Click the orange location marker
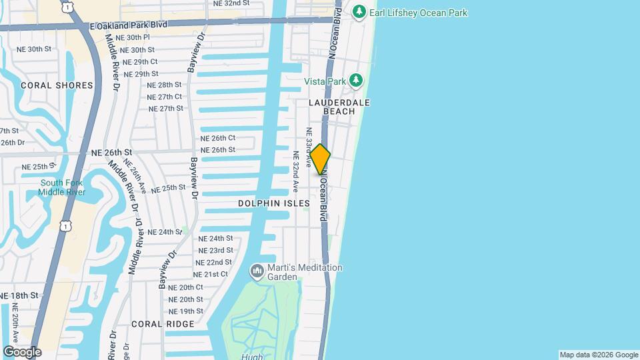point(320,159)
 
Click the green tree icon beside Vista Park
point(357,81)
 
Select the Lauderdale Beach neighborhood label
point(339,107)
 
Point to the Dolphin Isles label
point(274,203)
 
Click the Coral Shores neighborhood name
point(57,85)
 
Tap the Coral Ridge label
point(163,324)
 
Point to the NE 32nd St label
point(231,3)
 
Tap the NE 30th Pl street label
point(132,37)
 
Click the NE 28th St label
point(165,85)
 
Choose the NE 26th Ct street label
point(218,138)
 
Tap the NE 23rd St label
point(215,250)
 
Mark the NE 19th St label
point(186,311)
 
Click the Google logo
point(22,351)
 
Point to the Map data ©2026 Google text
point(599,355)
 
